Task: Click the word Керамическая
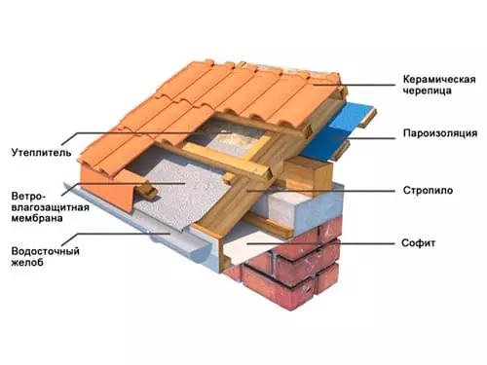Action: click(439, 80)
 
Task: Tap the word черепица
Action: click(428, 91)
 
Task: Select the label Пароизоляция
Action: click(440, 133)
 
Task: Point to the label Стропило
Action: click(428, 190)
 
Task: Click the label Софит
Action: click(418, 243)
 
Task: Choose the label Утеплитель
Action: click(41, 153)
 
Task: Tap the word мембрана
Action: click(37, 218)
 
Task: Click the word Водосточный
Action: click(46, 251)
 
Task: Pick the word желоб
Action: click(27, 262)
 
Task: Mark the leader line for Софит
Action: click(320, 243)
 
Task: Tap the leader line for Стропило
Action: click(320, 191)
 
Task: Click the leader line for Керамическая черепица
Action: click(355, 85)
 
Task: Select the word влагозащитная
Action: click(51, 207)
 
